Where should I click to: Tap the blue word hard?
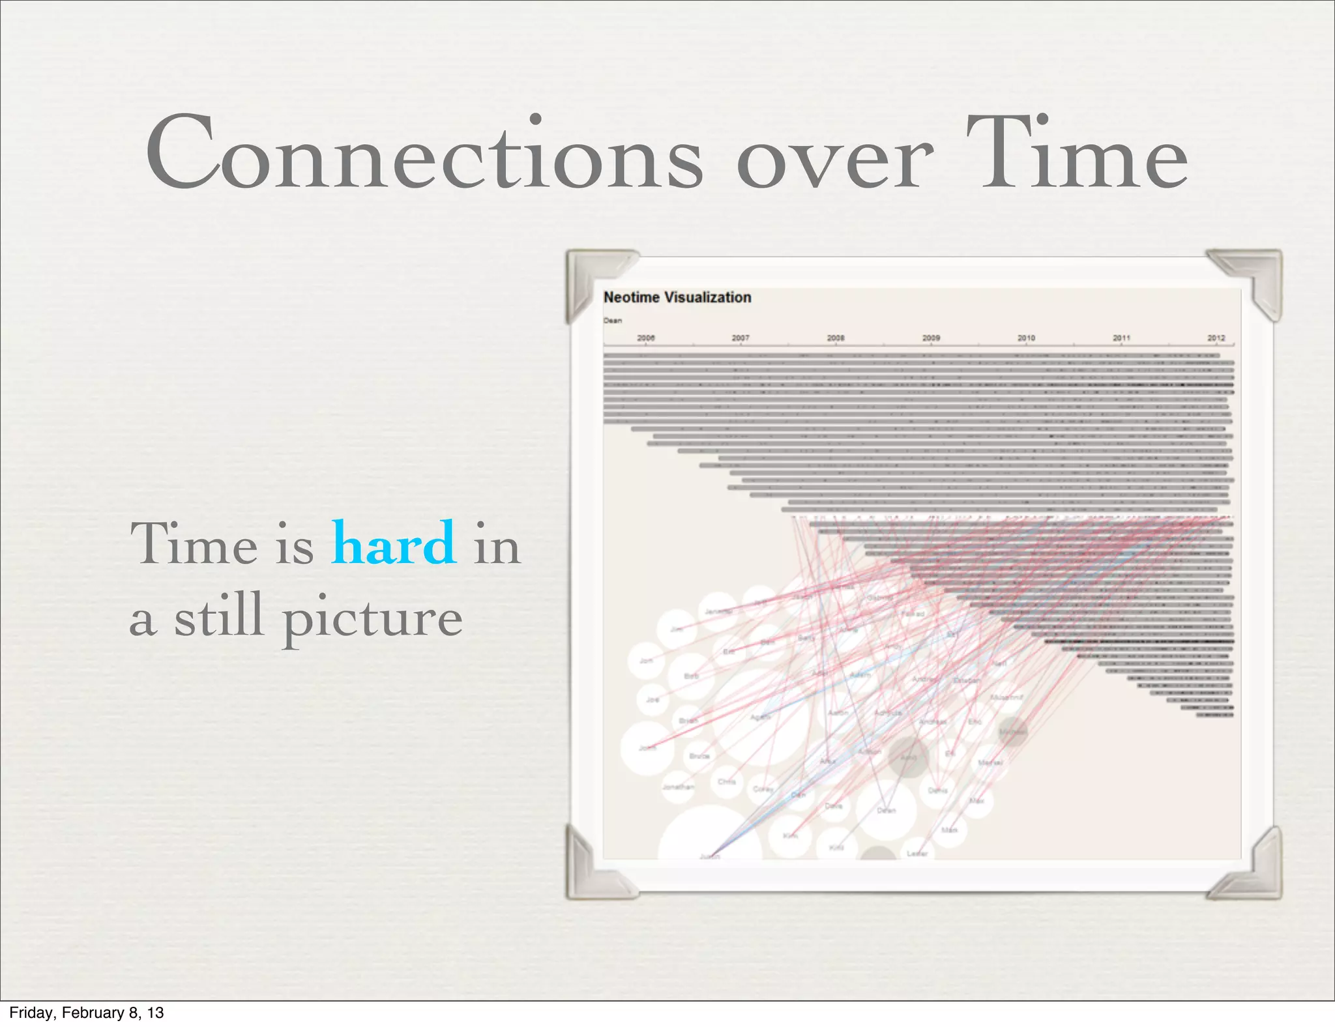pos(394,543)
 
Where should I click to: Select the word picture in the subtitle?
pos(372,617)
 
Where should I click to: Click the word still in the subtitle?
pos(218,616)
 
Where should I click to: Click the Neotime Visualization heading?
pos(677,297)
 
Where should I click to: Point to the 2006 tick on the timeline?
pos(645,338)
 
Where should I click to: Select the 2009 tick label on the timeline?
pos(931,338)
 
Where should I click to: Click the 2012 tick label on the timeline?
pos(1216,338)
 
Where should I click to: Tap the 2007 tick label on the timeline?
pos(741,338)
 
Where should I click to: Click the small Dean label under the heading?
pos(612,321)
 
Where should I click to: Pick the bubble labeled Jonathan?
pos(678,787)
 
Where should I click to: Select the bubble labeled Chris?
pos(726,781)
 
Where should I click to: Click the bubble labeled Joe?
pos(652,699)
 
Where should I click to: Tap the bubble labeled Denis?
pos(937,790)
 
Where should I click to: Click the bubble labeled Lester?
pos(917,853)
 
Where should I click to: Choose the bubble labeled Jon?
pos(646,660)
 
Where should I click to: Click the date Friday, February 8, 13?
pos(86,1013)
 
